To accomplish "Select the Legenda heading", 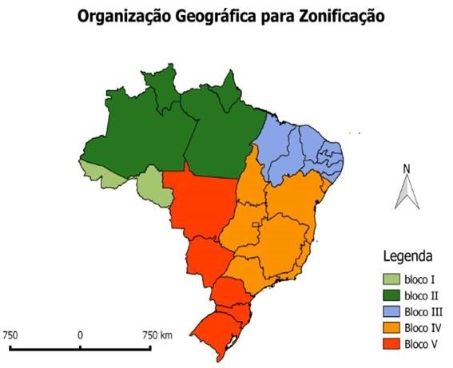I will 407,257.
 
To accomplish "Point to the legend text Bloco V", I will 420,344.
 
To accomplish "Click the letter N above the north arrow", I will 406,168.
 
